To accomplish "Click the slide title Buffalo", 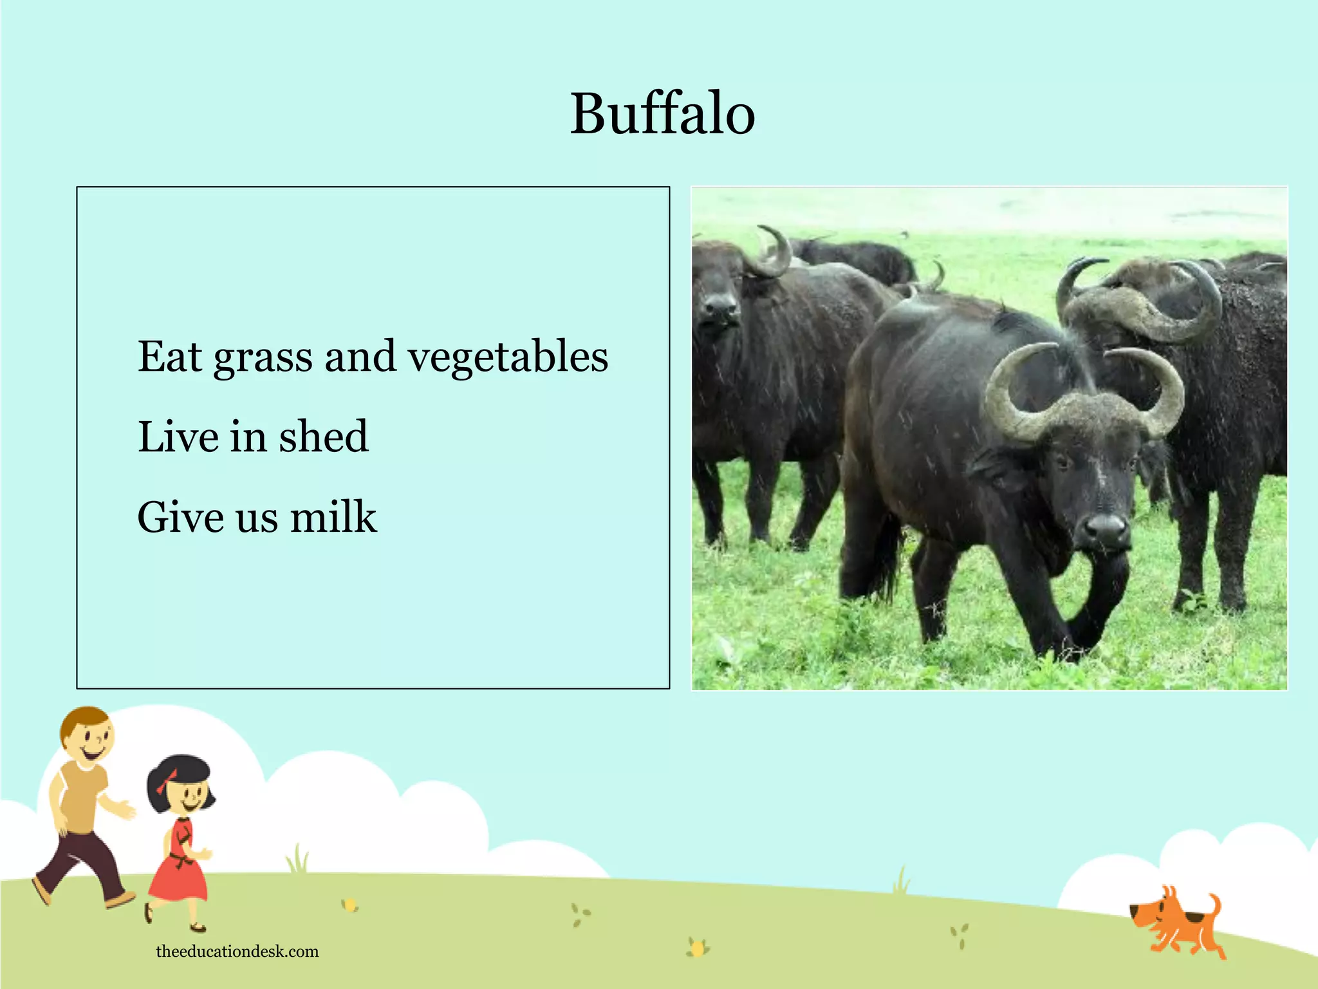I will (662, 114).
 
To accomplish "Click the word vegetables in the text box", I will (508, 357).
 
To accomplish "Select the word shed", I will (324, 437).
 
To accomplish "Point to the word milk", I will (333, 517).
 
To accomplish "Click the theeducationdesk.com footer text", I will (237, 951).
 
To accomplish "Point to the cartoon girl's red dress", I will (179, 866).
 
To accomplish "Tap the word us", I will (257, 518).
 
